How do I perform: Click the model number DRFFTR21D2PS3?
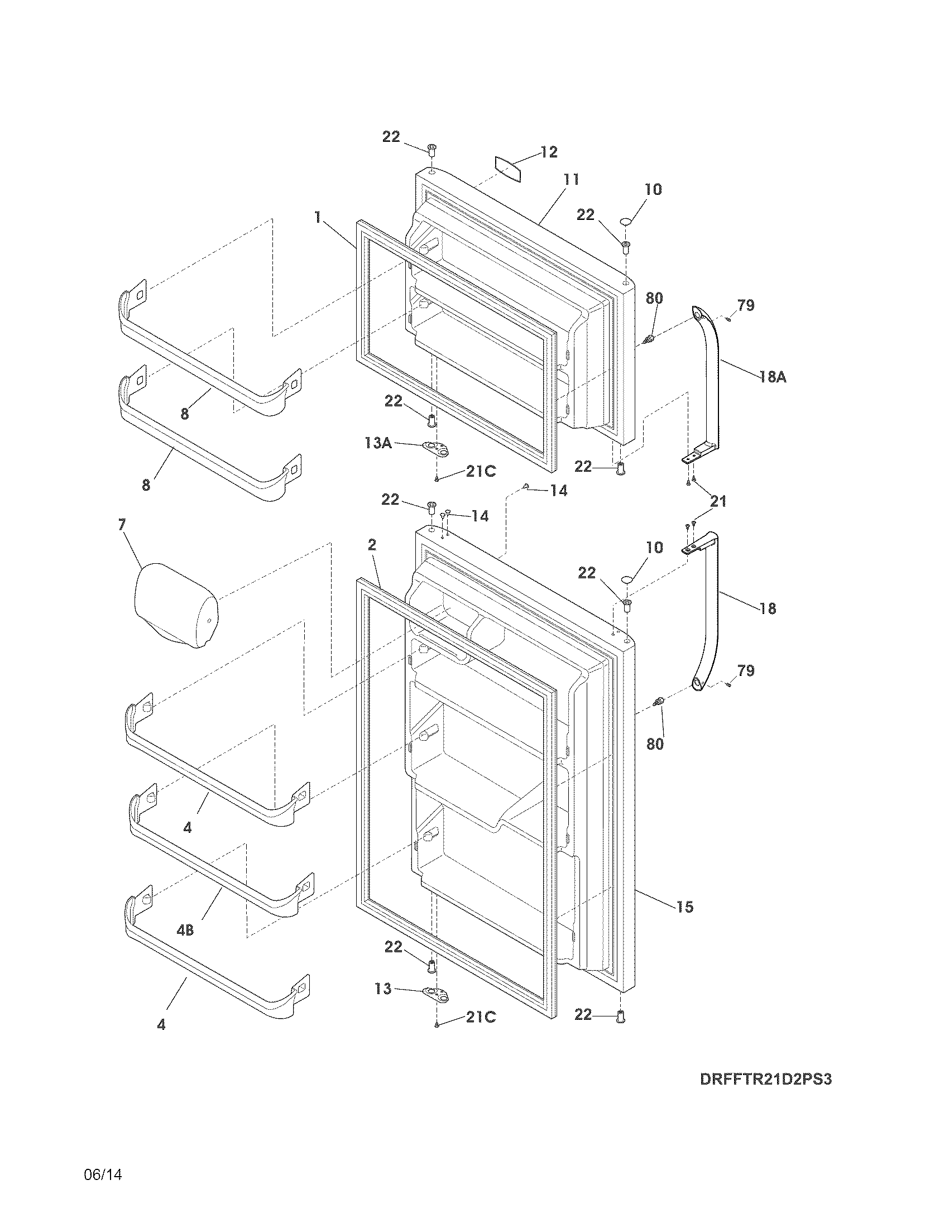[x=765, y=1079]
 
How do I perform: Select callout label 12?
[x=549, y=152]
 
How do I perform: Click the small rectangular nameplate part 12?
[x=508, y=169]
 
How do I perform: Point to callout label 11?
[x=571, y=180]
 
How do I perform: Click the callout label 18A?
[x=773, y=377]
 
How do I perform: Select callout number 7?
[x=122, y=525]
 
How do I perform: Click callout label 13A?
[x=378, y=443]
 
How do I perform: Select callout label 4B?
[x=185, y=930]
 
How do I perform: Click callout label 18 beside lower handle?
[x=768, y=608]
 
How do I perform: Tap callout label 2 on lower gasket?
[x=372, y=544]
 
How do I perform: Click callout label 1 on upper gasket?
[x=318, y=218]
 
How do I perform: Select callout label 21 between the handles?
[x=718, y=501]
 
